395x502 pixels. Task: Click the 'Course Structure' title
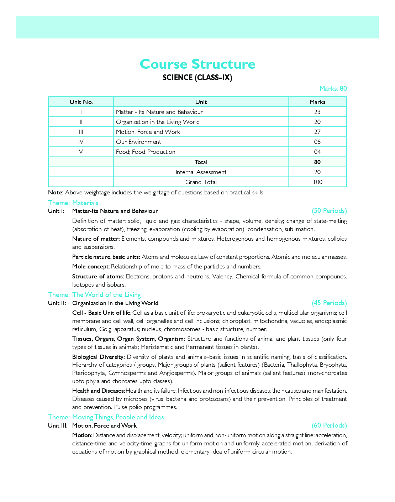197,64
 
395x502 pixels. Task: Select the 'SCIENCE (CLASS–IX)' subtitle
197,78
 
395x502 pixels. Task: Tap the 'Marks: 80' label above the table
333,89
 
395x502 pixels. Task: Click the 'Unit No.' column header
81,102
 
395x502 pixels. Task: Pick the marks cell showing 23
317,112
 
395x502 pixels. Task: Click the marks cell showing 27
317,132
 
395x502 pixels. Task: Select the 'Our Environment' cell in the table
138,142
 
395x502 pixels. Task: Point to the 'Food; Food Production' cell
146,152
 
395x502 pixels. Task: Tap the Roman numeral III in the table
81,132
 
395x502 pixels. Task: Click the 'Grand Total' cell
201,182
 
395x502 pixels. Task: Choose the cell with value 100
317,182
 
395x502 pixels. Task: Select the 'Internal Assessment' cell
201,172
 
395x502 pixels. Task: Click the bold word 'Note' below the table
55,193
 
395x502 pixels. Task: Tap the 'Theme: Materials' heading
73,203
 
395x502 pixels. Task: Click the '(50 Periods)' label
329,211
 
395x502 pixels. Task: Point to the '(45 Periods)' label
329,303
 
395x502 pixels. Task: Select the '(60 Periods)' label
329,425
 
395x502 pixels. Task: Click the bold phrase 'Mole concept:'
91,267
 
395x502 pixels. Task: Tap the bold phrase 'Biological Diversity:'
98,357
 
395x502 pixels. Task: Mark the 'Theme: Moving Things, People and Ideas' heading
106,417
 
